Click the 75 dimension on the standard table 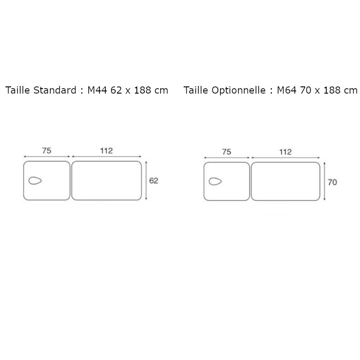coord(46,151)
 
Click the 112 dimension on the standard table coord(106,151)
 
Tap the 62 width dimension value coord(154,180)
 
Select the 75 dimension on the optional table coord(226,152)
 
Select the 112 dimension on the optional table coord(285,152)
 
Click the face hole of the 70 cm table coord(215,182)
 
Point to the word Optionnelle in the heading coord(241,90)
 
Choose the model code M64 coord(286,90)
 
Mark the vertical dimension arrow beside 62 coord(147,180)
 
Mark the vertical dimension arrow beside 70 coord(325,182)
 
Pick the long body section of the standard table coord(106,180)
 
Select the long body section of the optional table coord(285,181)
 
